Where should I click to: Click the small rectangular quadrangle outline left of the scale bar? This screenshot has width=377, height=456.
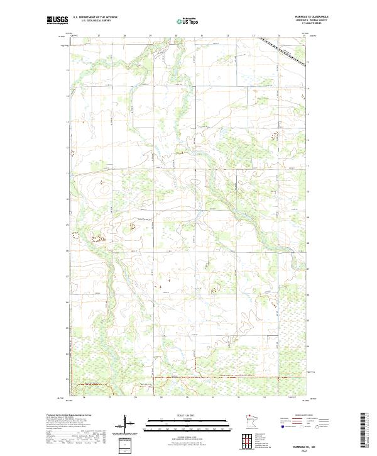[x=126, y=445]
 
